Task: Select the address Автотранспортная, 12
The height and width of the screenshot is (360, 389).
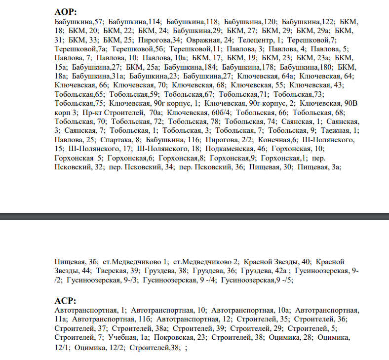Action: [194, 320]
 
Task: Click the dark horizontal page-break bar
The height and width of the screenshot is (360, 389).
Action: [194, 216]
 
